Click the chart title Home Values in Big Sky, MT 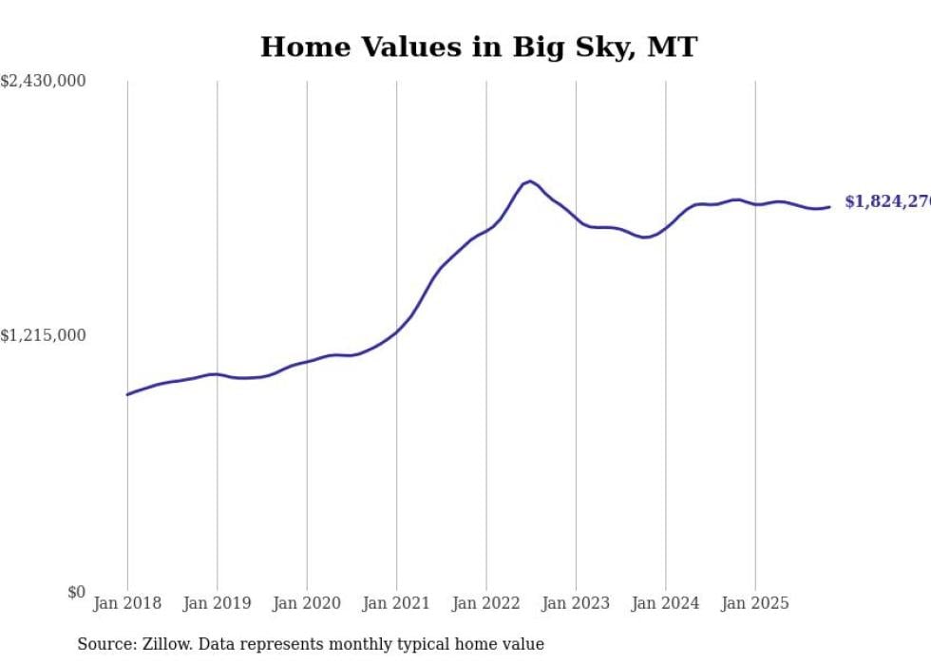click(x=479, y=47)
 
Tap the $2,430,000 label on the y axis click(x=43, y=82)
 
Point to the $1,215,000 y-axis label click(x=43, y=335)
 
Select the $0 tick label click(x=76, y=592)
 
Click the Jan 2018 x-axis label click(x=127, y=603)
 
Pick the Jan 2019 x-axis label click(x=217, y=603)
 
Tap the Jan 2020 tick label click(x=307, y=603)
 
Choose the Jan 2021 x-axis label click(x=396, y=603)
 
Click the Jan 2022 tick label click(x=486, y=603)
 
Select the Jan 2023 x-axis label click(x=576, y=603)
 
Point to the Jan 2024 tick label click(x=666, y=603)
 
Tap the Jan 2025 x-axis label click(x=755, y=603)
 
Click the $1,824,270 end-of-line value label click(x=887, y=201)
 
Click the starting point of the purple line click(x=127, y=394)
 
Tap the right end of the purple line click(x=829, y=206)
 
